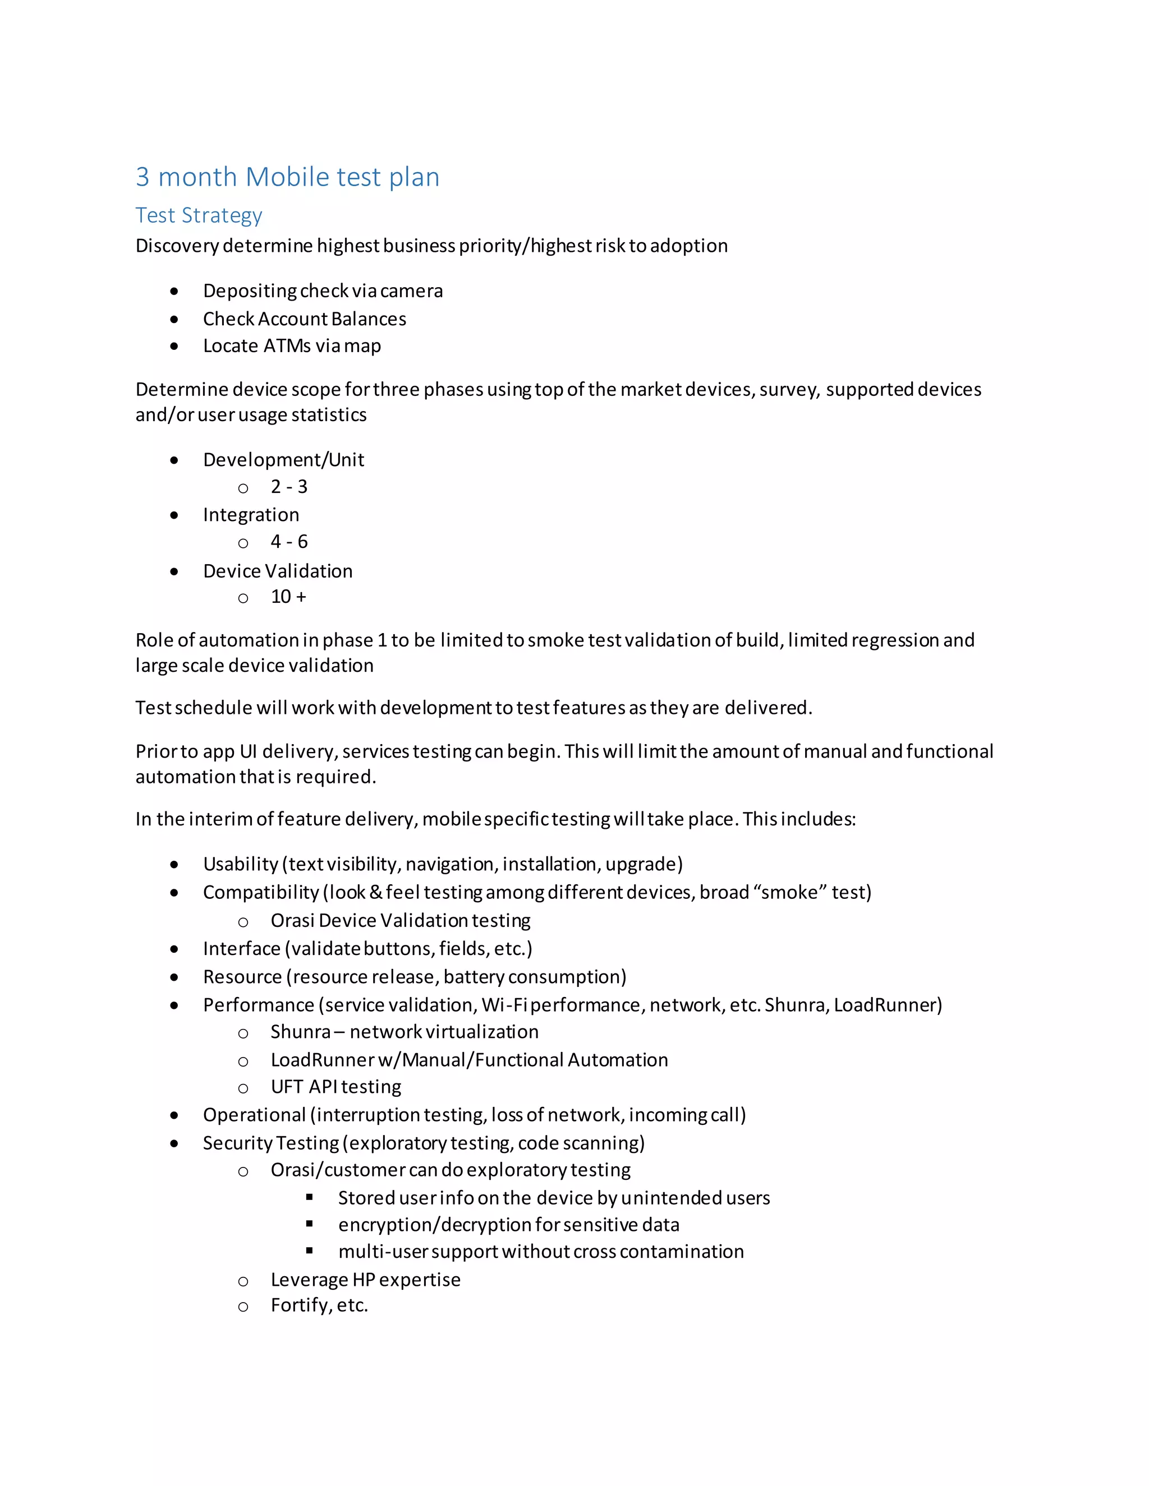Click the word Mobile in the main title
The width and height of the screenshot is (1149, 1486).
point(287,177)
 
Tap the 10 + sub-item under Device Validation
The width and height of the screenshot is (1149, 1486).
point(288,597)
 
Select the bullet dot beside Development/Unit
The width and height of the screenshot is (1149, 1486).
point(174,460)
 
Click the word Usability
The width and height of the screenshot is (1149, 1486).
point(240,864)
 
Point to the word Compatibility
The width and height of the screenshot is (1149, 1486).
point(261,893)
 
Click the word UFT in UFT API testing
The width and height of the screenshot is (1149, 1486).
point(287,1087)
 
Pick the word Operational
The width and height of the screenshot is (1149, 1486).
point(254,1115)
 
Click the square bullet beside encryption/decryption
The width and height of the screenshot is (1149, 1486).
point(310,1224)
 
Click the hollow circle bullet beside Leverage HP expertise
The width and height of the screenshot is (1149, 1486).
point(243,1281)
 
